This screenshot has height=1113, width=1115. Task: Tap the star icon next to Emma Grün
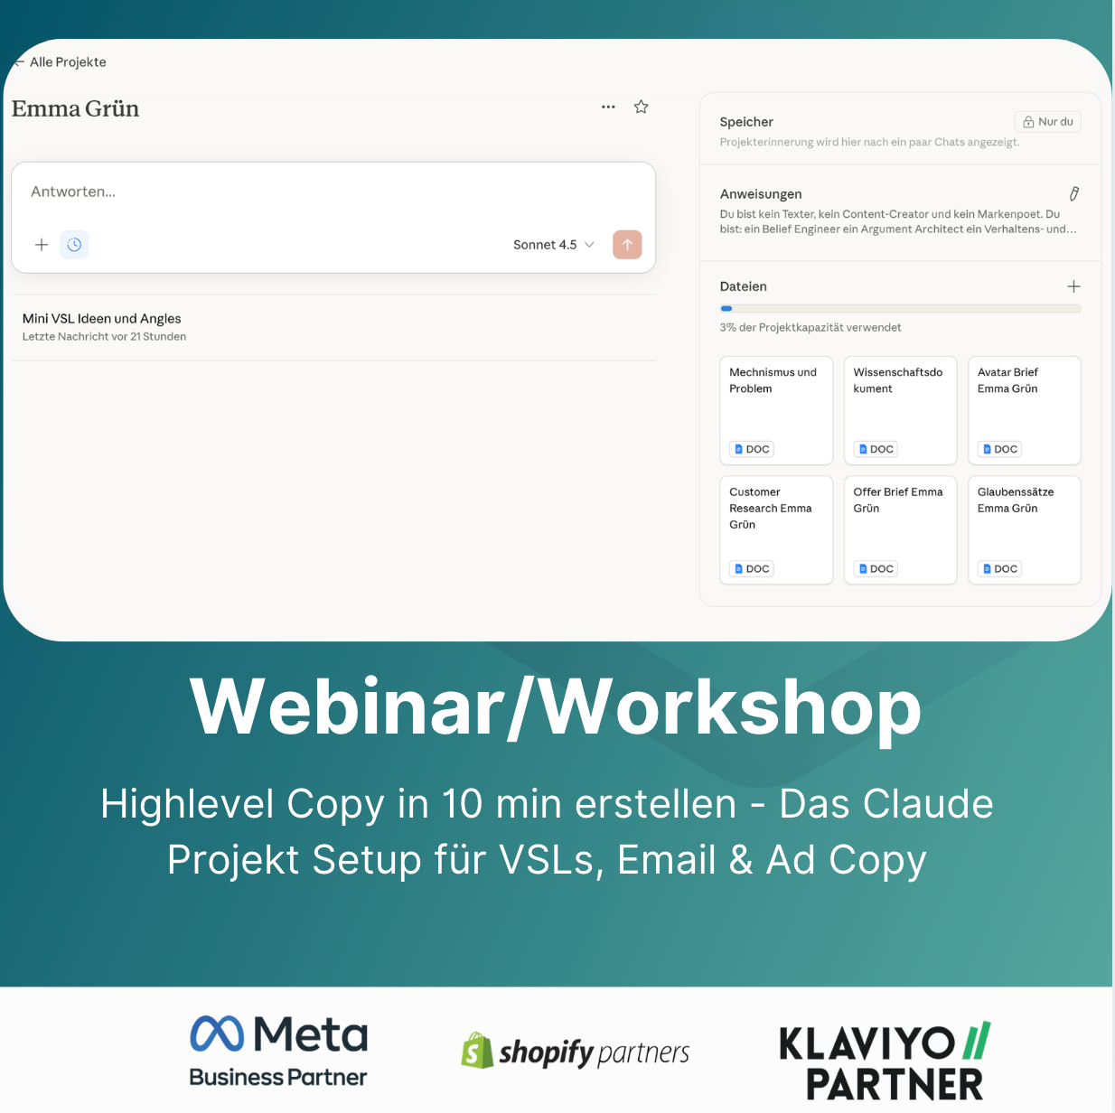642,107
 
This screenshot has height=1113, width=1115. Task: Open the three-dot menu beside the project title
608,107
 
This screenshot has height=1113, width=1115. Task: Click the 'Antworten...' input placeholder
73,192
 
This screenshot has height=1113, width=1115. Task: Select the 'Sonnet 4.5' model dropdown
553,245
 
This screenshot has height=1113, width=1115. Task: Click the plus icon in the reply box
42,245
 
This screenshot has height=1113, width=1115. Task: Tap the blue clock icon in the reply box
74,245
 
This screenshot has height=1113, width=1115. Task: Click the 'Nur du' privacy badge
1047,122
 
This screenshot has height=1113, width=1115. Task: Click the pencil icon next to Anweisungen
1073,194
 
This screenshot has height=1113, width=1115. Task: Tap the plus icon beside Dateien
1073,286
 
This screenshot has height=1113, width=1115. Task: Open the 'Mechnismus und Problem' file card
776,410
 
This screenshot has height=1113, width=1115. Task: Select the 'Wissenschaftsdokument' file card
900,410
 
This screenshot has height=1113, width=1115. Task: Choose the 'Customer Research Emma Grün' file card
776,530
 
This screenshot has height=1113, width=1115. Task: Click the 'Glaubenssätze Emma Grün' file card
1024,530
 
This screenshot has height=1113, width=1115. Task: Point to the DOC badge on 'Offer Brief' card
876,569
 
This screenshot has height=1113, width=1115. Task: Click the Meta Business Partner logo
278,1051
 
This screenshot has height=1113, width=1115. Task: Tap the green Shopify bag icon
476,1051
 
